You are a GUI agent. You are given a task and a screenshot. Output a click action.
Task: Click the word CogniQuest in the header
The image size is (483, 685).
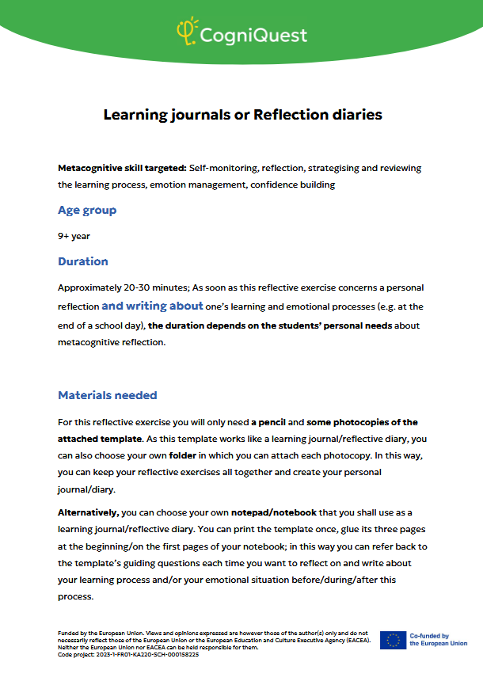tap(253, 35)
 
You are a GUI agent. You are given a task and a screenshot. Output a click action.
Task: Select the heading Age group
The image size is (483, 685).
tap(87, 210)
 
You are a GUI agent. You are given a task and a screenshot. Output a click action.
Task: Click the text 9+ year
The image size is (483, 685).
tap(74, 236)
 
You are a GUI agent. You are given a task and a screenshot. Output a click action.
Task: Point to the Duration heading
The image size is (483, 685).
tap(83, 261)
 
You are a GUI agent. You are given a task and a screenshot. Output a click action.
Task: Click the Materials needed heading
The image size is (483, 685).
tap(108, 395)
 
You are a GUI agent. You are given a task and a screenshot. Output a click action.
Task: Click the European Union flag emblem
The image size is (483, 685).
tap(393, 640)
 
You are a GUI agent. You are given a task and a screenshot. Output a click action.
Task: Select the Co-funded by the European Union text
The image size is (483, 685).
tap(438, 640)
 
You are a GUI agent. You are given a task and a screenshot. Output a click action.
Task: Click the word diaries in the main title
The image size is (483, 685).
tap(356, 115)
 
